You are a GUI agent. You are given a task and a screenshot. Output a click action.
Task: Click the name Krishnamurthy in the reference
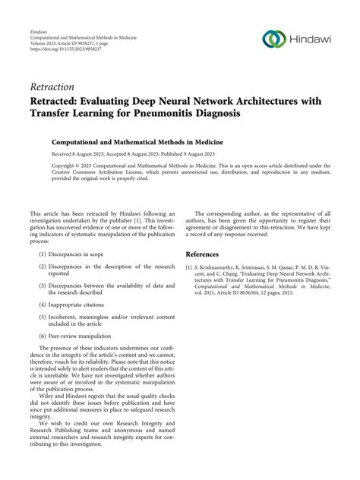223,268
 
